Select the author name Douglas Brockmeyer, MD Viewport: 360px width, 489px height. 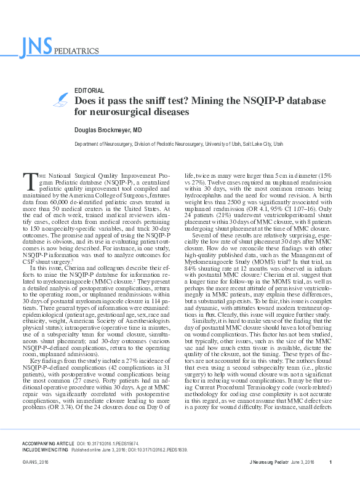point(108,130)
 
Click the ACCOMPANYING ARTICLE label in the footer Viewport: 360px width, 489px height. point(46,442)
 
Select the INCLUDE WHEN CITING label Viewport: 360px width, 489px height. point(44,448)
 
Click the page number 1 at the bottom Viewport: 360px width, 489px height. point(330,462)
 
